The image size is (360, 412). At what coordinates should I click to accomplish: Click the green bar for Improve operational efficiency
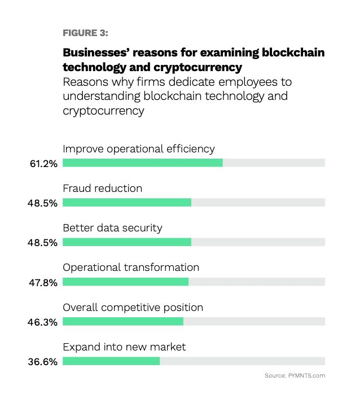[143, 163]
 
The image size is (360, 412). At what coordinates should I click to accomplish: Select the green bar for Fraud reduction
[127, 202]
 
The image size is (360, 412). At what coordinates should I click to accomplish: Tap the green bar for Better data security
[127, 242]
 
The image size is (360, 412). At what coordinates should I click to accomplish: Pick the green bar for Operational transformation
[126, 282]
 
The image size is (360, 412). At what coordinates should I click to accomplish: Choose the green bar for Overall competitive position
[123, 321]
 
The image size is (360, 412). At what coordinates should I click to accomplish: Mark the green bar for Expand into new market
[111, 361]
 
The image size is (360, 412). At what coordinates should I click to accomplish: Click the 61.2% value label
[43, 164]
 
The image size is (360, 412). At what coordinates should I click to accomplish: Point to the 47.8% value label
[43, 283]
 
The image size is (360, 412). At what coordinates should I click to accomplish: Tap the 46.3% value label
[42, 322]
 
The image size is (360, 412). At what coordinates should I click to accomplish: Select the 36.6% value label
[43, 362]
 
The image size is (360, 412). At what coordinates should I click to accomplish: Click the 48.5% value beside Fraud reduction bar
[42, 203]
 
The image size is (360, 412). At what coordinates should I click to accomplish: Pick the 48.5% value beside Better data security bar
[42, 243]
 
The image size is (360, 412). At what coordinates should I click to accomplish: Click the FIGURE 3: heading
[85, 33]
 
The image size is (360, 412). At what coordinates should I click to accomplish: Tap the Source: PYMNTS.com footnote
[295, 375]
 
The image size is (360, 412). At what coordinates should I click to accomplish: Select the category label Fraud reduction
[103, 189]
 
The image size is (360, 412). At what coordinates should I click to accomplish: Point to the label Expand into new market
[124, 347]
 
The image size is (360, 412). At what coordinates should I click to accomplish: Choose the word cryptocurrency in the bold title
[198, 68]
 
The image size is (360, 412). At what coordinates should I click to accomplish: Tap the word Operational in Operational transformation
[92, 268]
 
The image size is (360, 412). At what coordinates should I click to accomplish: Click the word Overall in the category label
[80, 308]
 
